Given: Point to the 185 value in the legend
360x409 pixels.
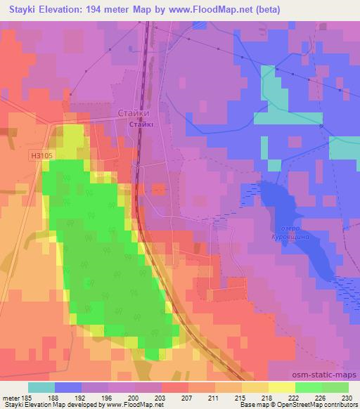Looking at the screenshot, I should pyautogui.click(x=28, y=396).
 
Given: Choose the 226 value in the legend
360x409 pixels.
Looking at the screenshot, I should pyautogui.click(x=318, y=396).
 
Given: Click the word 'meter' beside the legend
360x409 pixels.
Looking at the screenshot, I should pyautogui.click(x=11, y=396).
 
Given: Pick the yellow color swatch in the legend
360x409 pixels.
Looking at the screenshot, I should pyautogui.click(x=281, y=387).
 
